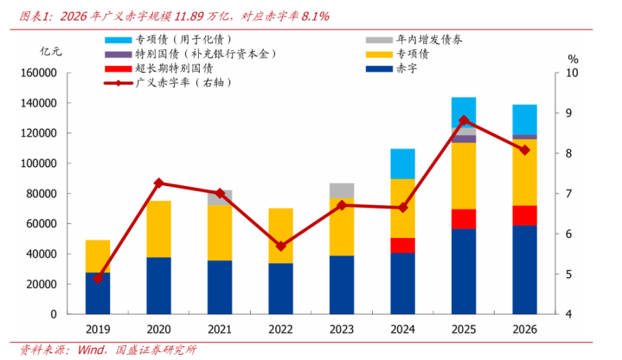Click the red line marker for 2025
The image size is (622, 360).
click(x=464, y=120)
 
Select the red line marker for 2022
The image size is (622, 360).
click(x=280, y=246)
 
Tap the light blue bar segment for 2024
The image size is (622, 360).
click(x=402, y=164)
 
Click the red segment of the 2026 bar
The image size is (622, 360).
click(x=524, y=215)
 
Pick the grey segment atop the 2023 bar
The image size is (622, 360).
click(x=342, y=190)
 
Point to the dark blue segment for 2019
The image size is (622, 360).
click(x=98, y=292)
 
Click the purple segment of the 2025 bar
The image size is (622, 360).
click(x=464, y=138)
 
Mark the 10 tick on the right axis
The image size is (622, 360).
click(x=571, y=73)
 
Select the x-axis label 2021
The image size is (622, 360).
click(x=220, y=330)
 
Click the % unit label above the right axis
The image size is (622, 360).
click(x=573, y=58)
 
